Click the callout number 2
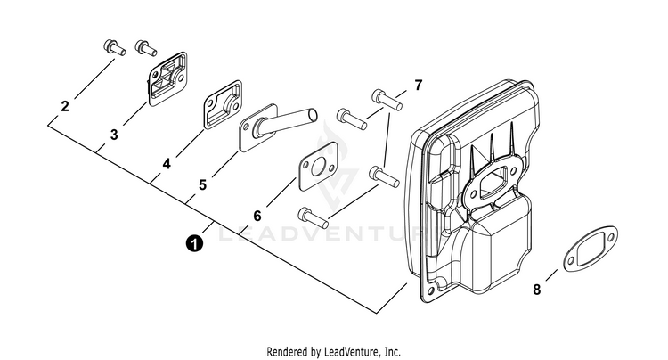(65, 106)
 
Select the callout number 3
(114, 135)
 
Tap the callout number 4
(167, 164)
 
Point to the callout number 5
(202, 184)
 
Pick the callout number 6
(257, 216)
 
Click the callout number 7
(419, 86)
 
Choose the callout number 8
(537, 290)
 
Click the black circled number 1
(194, 244)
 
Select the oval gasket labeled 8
(590, 250)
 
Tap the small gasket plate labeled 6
(317, 166)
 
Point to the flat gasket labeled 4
(223, 105)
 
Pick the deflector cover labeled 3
(167, 78)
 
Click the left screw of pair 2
(114, 47)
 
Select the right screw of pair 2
(146, 47)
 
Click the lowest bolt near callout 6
(314, 217)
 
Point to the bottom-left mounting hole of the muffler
(431, 291)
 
